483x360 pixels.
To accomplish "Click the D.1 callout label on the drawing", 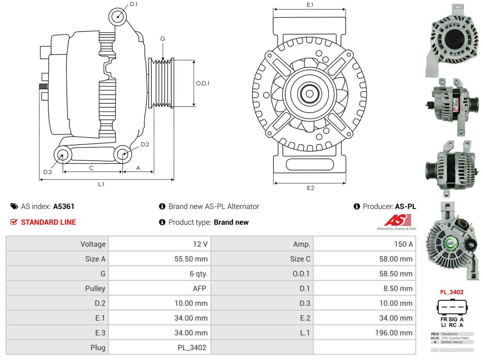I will coord(133,4).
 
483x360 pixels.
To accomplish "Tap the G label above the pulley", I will coord(163,39).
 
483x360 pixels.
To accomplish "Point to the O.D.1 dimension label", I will coord(202,83).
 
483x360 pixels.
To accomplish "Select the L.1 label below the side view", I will coord(101,184).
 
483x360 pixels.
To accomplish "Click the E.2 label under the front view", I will coord(310,188).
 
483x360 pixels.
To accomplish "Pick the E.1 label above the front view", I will coord(310,5).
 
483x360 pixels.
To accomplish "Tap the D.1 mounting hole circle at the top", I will coord(117,16).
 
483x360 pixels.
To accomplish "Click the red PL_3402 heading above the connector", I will coord(452,292).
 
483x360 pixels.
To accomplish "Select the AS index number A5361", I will coord(64,206).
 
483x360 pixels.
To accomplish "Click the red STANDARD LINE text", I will coord(48,222).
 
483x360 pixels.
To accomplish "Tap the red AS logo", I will coord(397,221).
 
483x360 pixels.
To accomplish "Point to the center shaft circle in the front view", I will coord(309,94).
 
